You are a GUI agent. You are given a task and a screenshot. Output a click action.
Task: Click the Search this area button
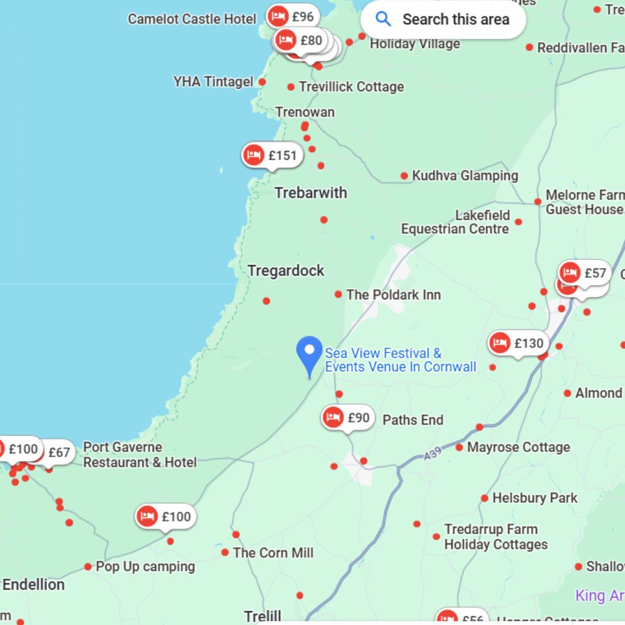(443, 20)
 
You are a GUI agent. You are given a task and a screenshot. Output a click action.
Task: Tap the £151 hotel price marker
(272, 155)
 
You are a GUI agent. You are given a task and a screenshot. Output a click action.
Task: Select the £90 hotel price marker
(348, 417)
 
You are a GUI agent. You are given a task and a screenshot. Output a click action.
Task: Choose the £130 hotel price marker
(518, 343)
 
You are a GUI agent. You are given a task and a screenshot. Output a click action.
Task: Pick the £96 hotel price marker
(293, 17)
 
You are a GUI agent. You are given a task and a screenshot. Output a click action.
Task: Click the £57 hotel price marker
(584, 273)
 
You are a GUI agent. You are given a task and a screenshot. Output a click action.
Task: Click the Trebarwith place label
(311, 193)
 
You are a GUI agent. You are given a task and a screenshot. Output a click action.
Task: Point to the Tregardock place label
(286, 270)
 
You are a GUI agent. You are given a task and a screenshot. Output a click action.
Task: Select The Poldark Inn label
(394, 295)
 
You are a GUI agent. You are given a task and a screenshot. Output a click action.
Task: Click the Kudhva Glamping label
(465, 175)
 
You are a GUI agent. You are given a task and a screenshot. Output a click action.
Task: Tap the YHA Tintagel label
(214, 82)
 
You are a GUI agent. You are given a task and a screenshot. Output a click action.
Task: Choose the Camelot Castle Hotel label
(192, 19)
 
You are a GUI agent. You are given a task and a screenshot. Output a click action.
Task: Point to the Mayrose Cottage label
(519, 447)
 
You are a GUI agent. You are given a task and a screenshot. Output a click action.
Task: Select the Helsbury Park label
(535, 498)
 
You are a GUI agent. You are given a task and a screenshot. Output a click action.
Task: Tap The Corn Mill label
(273, 553)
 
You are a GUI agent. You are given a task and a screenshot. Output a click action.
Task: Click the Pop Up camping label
(145, 567)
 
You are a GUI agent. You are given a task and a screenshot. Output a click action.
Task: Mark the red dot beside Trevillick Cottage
(291, 87)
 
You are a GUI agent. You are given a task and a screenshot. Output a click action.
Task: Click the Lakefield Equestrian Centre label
(455, 222)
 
